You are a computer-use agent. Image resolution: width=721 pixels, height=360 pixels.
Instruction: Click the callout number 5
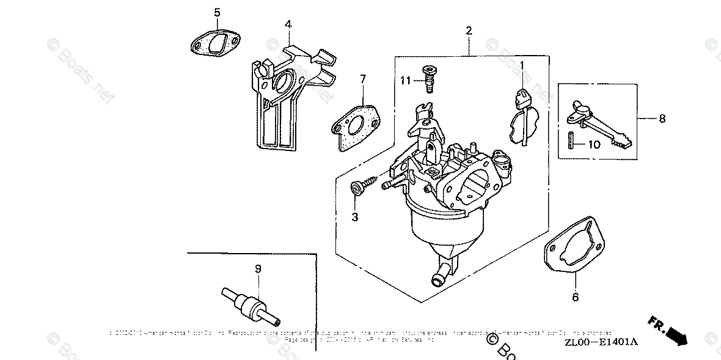[216, 12]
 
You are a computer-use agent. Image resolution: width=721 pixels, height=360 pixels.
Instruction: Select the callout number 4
[287, 24]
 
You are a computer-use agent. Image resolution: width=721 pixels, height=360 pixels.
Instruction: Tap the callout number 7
[362, 79]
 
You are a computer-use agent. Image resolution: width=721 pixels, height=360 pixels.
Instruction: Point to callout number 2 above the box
[469, 30]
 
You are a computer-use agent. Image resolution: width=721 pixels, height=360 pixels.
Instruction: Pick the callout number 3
[355, 216]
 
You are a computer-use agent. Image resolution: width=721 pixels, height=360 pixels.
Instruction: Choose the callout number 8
[662, 119]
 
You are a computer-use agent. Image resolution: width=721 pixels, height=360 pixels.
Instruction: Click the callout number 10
[595, 145]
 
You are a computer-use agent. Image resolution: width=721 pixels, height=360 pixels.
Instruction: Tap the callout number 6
[575, 298]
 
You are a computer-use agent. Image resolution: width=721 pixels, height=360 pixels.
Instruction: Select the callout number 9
[257, 268]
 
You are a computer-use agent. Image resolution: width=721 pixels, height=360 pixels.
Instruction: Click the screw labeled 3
[364, 185]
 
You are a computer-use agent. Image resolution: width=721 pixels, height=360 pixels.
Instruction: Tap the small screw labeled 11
[428, 77]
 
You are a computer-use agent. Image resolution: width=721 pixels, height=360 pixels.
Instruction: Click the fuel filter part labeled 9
[251, 305]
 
